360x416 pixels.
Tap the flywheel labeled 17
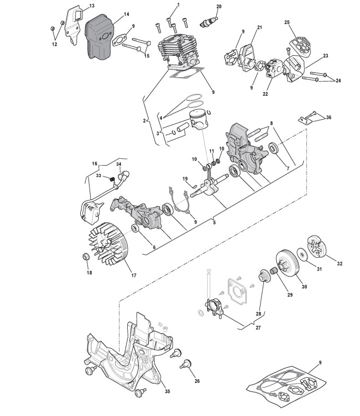click(109, 241)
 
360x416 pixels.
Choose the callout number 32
click(339, 264)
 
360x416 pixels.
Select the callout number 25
click(287, 22)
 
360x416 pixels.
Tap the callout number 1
click(177, 4)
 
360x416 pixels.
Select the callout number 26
click(197, 381)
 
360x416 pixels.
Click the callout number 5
click(214, 222)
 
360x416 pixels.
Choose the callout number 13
click(91, 6)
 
